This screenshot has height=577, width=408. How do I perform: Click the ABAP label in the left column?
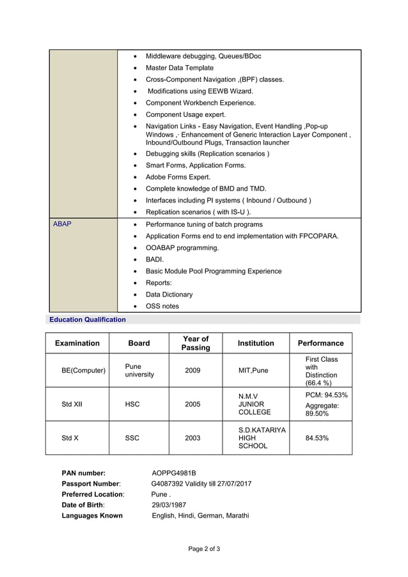click(62, 225)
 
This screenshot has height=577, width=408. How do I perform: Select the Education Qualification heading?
click(88, 319)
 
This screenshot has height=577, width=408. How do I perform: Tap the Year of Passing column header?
click(196, 343)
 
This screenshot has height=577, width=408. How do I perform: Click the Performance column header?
click(320, 343)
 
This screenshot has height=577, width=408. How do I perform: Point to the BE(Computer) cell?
click(83, 371)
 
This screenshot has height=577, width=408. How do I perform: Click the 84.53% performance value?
click(317, 438)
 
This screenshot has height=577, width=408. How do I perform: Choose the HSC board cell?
click(132, 404)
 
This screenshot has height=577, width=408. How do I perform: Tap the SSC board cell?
click(132, 438)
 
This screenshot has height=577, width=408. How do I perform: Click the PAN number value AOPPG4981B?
click(174, 473)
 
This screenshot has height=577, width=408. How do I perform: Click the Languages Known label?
click(92, 516)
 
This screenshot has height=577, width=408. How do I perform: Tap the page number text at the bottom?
click(204, 549)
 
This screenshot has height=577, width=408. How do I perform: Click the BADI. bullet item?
click(155, 259)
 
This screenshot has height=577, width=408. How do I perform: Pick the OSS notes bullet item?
click(162, 306)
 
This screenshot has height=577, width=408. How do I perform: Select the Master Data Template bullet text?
click(180, 68)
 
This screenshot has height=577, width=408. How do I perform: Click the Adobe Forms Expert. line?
click(178, 177)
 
